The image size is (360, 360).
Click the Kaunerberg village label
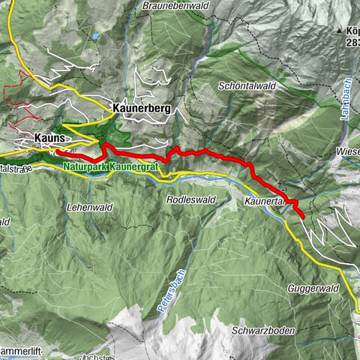(x=141, y=109)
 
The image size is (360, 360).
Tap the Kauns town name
(x=52, y=138)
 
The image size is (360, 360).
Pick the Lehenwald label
(x=88, y=204)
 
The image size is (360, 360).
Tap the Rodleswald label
(x=190, y=200)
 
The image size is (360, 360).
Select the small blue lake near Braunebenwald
(x=95, y=35)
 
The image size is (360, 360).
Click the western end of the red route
(x=57, y=153)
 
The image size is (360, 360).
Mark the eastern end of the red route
(x=302, y=217)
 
